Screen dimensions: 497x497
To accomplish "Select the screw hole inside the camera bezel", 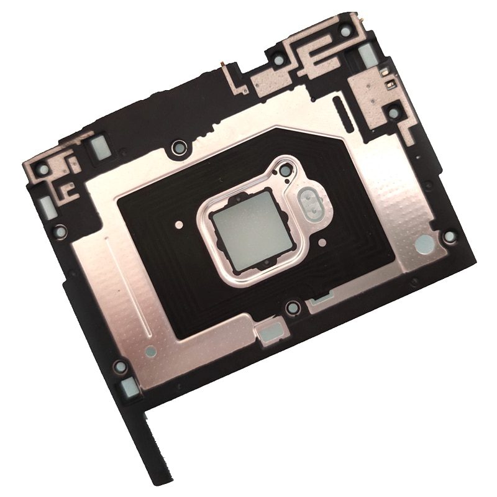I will [x=285, y=170].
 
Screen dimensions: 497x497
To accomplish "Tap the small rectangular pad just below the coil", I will [x=265, y=331].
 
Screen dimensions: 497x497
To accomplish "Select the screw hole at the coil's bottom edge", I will [x=291, y=307].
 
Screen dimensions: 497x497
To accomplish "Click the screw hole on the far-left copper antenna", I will [x=43, y=168].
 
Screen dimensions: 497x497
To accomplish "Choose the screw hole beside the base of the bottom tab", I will [x=121, y=367].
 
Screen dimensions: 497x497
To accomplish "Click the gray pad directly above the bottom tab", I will [x=130, y=388].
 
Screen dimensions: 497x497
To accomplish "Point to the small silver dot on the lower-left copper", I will [x=150, y=350].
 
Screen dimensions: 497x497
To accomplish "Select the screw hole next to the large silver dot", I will [x=450, y=237].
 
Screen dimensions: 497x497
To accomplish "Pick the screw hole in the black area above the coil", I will [x=179, y=147].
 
